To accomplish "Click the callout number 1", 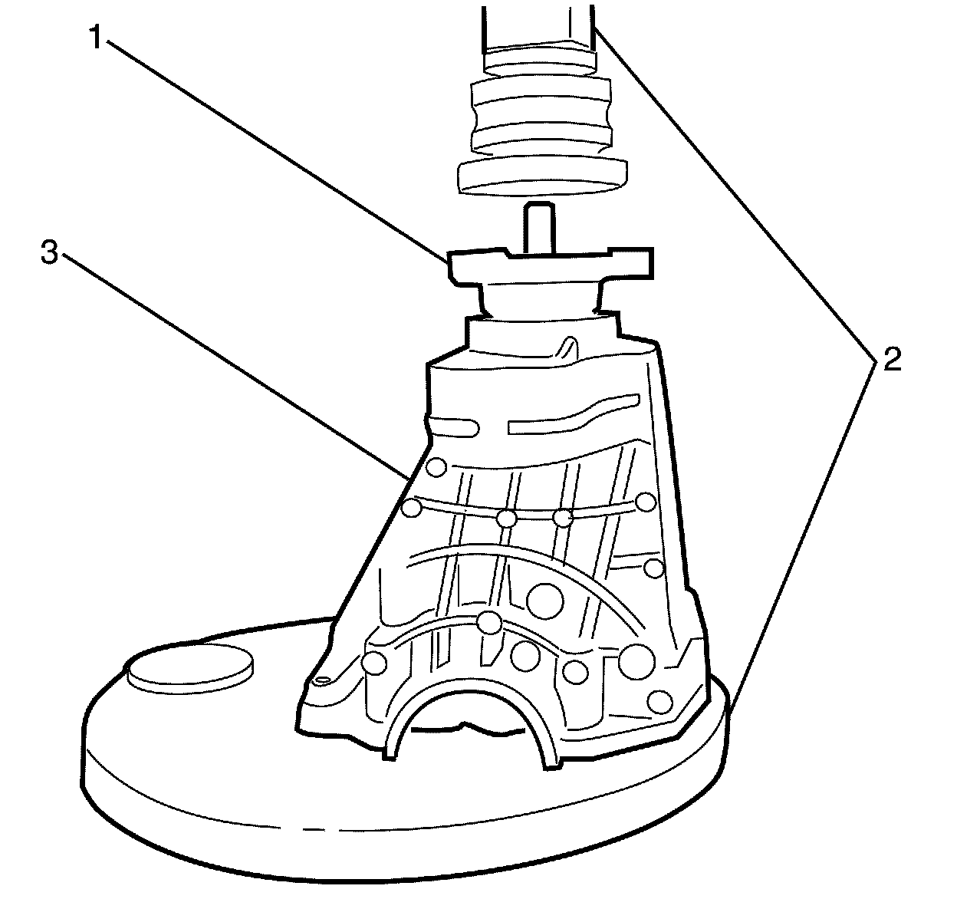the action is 95,36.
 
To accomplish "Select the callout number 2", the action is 890,360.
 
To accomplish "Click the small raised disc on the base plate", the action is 191,667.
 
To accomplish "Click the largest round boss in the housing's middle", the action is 546,599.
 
